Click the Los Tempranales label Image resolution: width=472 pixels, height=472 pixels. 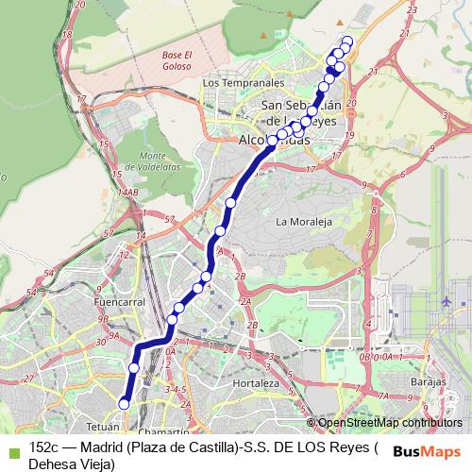click(x=238, y=82)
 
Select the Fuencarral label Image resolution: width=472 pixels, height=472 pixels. click(x=118, y=302)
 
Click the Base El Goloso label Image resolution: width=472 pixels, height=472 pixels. click(x=177, y=60)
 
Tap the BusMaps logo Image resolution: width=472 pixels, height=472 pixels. click(x=428, y=451)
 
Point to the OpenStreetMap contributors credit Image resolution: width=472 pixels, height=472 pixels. click(x=389, y=423)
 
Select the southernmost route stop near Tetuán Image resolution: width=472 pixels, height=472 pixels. click(x=123, y=404)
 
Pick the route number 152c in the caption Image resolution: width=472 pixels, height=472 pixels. click(x=44, y=447)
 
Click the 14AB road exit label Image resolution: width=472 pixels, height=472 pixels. click(x=128, y=192)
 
